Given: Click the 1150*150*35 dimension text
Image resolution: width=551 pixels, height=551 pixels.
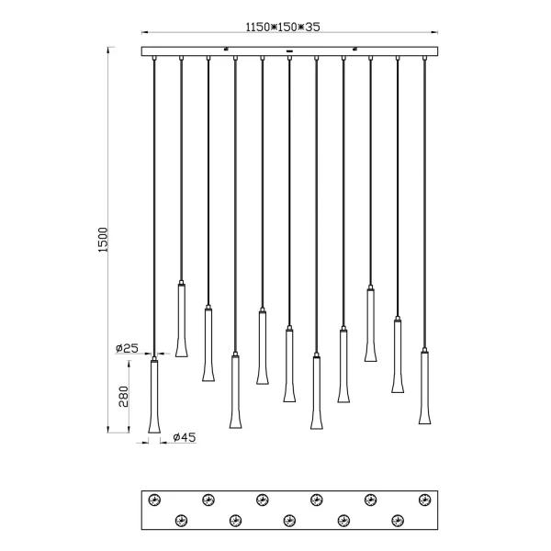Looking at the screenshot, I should [x=282, y=28].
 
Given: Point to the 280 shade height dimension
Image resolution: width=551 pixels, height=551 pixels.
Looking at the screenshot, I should [x=123, y=396].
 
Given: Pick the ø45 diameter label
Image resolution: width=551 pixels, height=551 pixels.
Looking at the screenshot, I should [x=185, y=438].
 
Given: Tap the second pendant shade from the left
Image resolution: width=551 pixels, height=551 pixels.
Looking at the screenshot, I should [x=181, y=320].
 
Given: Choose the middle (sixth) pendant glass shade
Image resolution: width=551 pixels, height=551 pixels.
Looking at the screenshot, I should [x=289, y=365].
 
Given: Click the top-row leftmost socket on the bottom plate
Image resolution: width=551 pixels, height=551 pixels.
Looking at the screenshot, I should [x=154, y=499].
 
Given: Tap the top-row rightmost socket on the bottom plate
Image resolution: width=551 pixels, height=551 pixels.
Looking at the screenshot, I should [x=424, y=499].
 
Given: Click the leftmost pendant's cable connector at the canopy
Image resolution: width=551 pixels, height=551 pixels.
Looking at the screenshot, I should [x=154, y=59].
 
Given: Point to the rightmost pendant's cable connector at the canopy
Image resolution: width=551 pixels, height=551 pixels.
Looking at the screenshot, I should [x=425, y=59].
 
